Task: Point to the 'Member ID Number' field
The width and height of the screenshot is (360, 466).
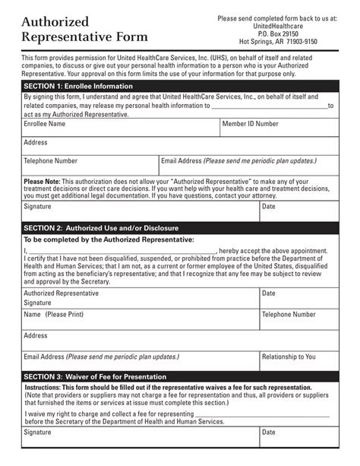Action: [x=250, y=123]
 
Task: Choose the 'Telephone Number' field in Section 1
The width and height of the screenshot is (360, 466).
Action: [x=51, y=161]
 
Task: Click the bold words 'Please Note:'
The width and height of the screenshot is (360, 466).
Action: [x=42, y=182]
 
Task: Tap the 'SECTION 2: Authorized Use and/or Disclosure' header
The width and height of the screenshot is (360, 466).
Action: [x=101, y=227]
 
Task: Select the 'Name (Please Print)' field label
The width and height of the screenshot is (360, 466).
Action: [x=53, y=314]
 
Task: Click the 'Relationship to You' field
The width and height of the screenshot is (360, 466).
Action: [x=289, y=357]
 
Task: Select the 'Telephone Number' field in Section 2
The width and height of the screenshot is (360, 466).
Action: [x=289, y=314]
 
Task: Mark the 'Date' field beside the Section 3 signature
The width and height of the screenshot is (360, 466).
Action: [x=269, y=433]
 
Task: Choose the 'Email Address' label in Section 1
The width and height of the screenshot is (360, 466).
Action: [x=181, y=161]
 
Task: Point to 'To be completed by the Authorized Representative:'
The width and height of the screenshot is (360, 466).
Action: [x=109, y=239]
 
